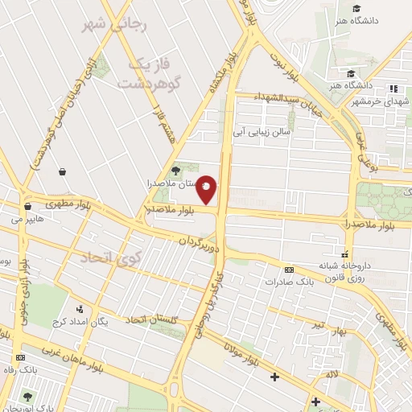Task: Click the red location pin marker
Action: pyautogui.click(x=207, y=188)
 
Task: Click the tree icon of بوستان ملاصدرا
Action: pyautogui.click(x=175, y=170)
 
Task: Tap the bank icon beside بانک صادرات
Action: pyautogui.click(x=289, y=270)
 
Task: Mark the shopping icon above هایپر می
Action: pyautogui.click(x=27, y=205)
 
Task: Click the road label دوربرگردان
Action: pyautogui.click(x=198, y=241)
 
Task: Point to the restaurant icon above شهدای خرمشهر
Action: pyautogui.click(x=393, y=89)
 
